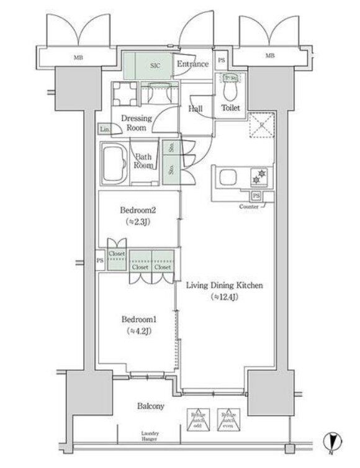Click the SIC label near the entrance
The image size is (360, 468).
coord(156,64)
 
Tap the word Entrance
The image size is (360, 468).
coord(193,64)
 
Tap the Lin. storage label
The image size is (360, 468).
coord(105,129)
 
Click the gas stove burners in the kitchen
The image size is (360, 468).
coord(258,176)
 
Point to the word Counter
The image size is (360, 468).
coord(249,206)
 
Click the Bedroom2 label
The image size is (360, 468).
coord(138,210)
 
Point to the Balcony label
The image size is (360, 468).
coord(151,407)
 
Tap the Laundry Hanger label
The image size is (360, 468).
coord(150,436)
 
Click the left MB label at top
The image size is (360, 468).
coord(78,57)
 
